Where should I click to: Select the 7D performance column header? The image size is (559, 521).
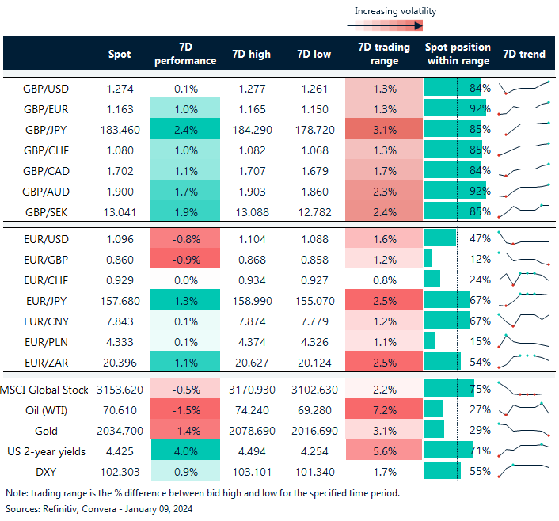click(184, 54)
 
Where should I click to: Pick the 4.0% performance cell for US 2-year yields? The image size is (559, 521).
click(184, 451)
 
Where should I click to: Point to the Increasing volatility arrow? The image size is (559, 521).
click(383, 25)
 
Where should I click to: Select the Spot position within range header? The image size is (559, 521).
click(458, 54)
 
